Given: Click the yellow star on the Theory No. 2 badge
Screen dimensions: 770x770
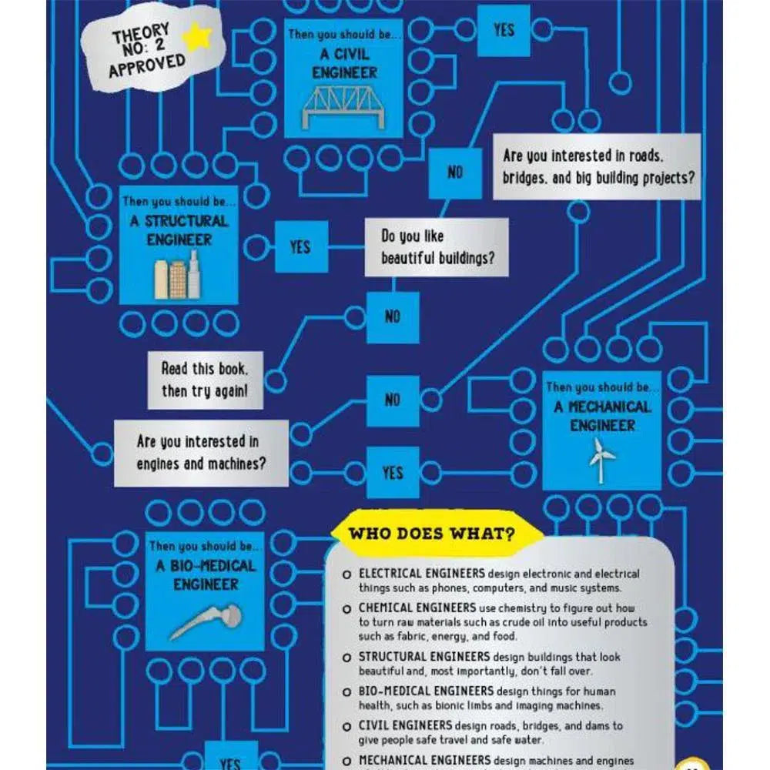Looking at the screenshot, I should pyautogui.click(x=198, y=37).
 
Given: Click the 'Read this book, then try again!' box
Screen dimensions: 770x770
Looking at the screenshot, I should pyautogui.click(x=205, y=380).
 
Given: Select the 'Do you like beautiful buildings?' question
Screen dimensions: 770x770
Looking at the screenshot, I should pyautogui.click(x=436, y=246).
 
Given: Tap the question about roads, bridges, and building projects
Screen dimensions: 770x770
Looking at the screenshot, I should pyautogui.click(x=597, y=166).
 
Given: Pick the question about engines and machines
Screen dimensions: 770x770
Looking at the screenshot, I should pyautogui.click(x=202, y=453).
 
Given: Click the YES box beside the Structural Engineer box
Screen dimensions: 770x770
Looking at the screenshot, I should pyautogui.click(x=300, y=246).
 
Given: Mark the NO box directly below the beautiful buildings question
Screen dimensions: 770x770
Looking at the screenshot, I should pyautogui.click(x=393, y=316).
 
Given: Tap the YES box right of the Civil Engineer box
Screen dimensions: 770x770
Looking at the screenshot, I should pyautogui.click(x=504, y=30).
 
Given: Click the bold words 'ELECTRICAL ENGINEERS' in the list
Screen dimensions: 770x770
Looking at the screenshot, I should pyautogui.click(x=421, y=574).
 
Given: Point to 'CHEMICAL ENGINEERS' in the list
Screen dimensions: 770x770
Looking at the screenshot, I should pyautogui.click(x=416, y=608).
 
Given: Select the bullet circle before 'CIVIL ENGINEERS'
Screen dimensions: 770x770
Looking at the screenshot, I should pyautogui.click(x=346, y=726).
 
